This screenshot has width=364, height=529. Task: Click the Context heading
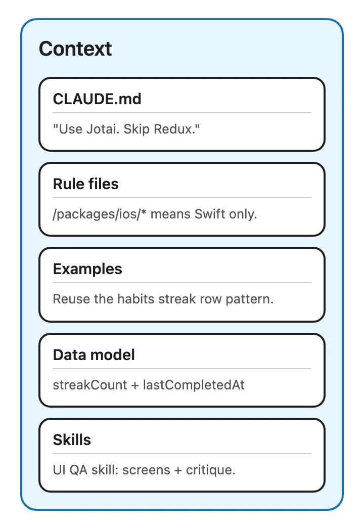(x=75, y=49)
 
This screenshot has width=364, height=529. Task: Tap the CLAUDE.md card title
(x=97, y=99)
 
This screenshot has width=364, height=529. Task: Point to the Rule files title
(x=85, y=184)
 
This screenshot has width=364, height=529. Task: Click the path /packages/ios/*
(x=100, y=214)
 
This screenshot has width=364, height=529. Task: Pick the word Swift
(x=210, y=214)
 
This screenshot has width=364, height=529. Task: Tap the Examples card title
(x=87, y=269)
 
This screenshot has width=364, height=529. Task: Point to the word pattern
(x=249, y=299)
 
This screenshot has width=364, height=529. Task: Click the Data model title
(x=94, y=355)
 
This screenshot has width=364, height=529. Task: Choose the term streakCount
(x=89, y=385)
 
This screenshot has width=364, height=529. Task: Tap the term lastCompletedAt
(x=194, y=385)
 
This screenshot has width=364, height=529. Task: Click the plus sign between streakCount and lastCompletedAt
(x=135, y=385)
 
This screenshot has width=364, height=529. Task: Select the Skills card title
(x=72, y=439)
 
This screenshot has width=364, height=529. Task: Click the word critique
(x=210, y=470)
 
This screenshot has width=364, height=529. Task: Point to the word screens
(x=146, y=470)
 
